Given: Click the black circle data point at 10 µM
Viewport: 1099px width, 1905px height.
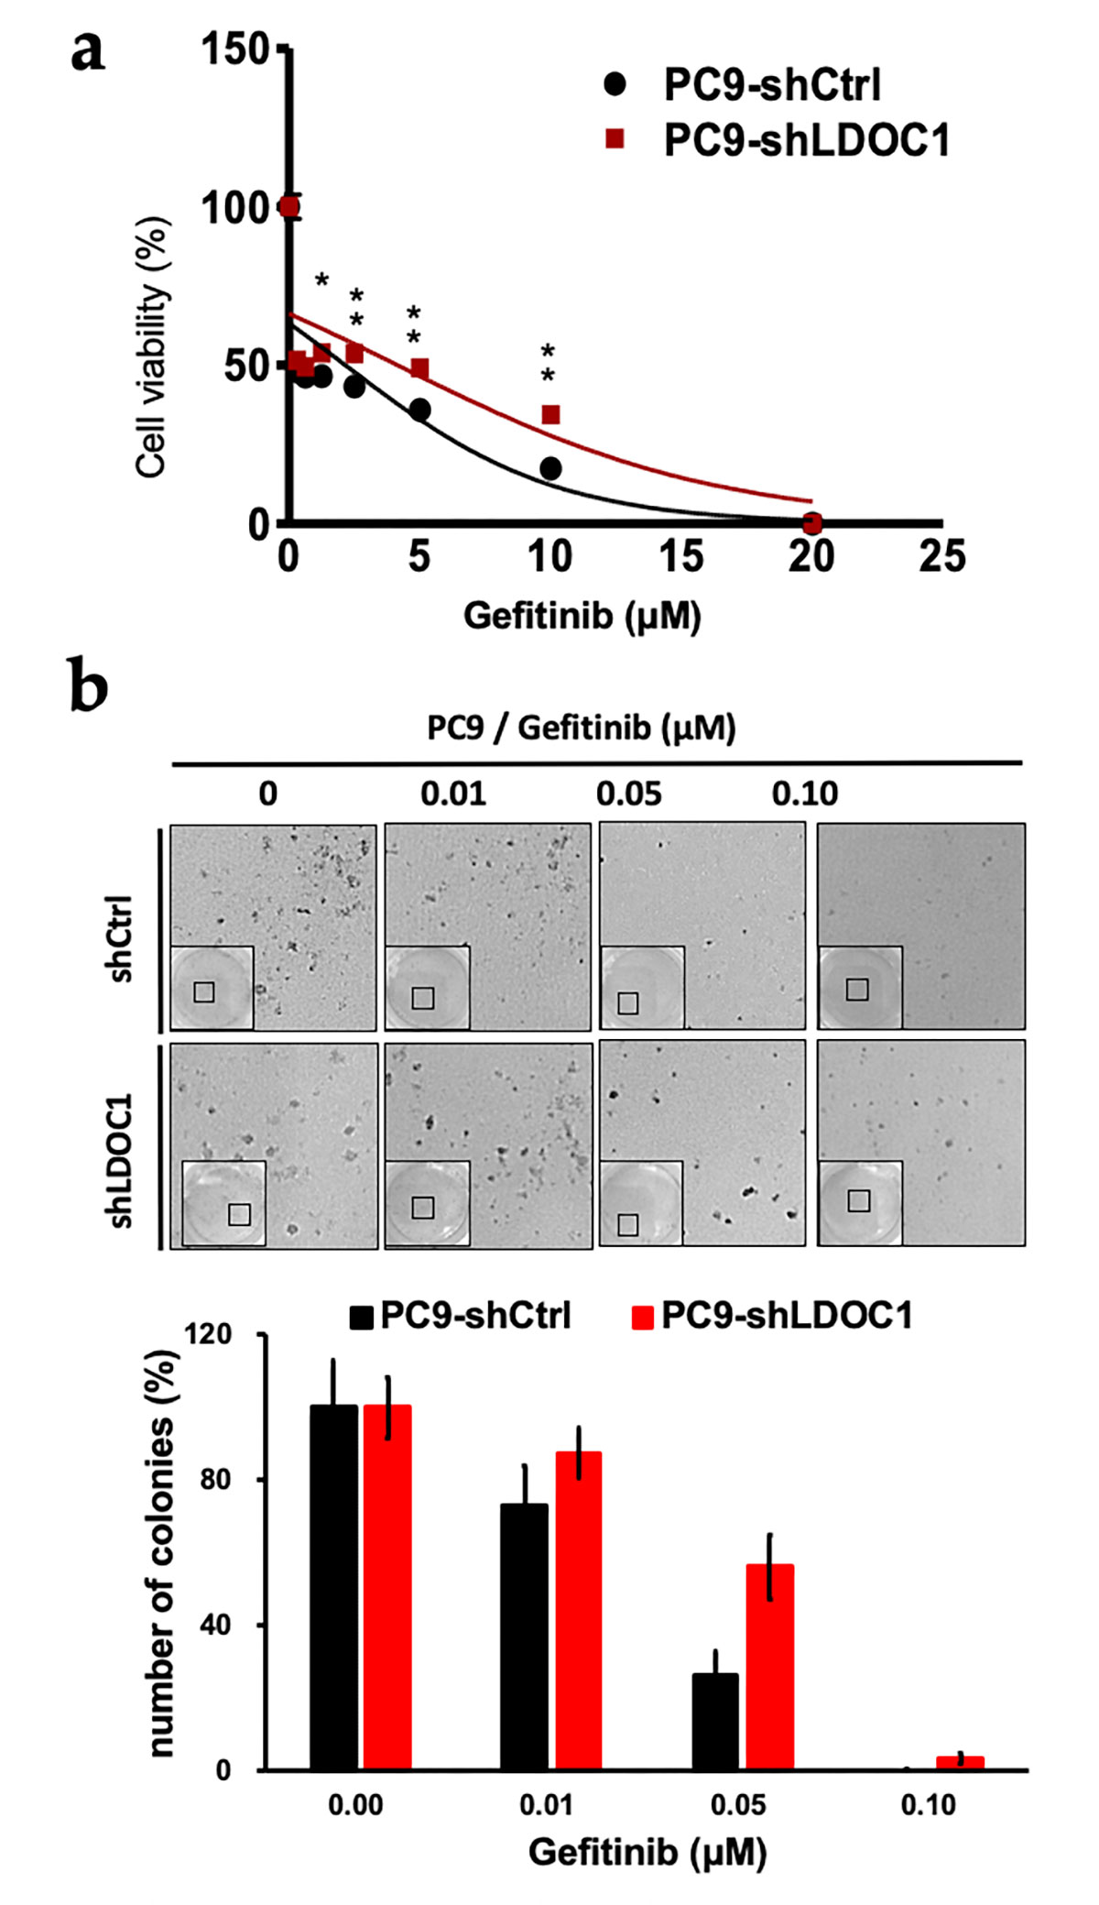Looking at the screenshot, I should point(550,468).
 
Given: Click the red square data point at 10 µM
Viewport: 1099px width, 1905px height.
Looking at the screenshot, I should point(550,415).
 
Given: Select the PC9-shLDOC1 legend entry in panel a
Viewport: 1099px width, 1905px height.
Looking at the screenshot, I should point(806,140).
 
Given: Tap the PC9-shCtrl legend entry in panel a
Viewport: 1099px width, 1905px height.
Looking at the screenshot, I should point(771,85).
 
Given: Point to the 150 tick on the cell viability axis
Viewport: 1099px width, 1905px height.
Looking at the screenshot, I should point(234,49).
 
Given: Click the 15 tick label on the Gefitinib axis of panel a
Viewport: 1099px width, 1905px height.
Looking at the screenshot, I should point(680,556).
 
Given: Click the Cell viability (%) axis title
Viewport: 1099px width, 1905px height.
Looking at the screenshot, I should point(152,348).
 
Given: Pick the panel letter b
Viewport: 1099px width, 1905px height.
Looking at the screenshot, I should point(89,688).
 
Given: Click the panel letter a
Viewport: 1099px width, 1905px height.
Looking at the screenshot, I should point(88,52).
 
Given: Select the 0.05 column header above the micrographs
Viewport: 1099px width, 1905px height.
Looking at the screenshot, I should point(628,794).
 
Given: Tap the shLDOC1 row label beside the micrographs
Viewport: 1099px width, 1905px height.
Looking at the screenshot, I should point(121,1160).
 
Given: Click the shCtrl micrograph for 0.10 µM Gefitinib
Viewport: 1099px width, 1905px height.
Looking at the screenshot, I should point(920,925).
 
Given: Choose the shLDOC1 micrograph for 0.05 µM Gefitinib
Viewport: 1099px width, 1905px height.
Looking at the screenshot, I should point(702,1143).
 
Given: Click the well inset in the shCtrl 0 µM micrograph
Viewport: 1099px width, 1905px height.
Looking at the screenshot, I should point(212,987).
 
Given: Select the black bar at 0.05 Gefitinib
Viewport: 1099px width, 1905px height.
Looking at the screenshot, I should point(714,1722).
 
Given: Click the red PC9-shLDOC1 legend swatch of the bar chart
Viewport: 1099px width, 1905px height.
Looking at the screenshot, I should point(643,1318).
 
